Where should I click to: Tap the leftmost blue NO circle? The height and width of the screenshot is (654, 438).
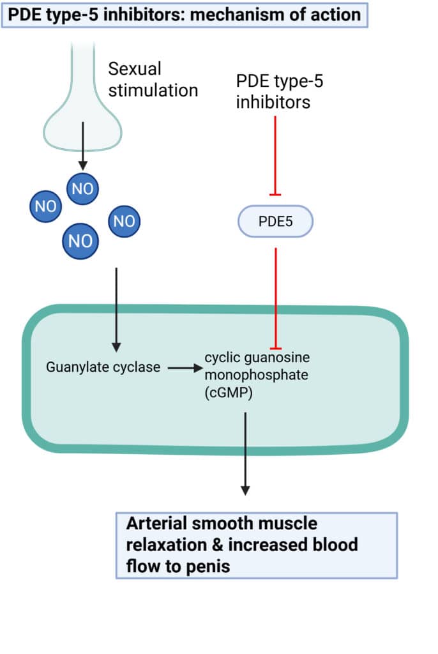coord(45,206)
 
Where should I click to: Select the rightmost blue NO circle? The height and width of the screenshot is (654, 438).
coord(124,222)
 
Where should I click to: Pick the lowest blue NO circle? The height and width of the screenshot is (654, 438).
coord(80,241)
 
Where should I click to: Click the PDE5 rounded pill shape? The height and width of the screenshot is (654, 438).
coord(276,222)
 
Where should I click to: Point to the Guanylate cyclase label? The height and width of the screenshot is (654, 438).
coord(103,368)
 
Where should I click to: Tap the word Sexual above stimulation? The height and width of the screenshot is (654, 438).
coord(135,68)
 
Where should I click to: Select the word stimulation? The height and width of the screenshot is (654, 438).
coord(153,89)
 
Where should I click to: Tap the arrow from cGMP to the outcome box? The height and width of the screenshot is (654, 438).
coord(245,453)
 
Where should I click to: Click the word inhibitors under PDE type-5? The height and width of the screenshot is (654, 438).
coord(273,102)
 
